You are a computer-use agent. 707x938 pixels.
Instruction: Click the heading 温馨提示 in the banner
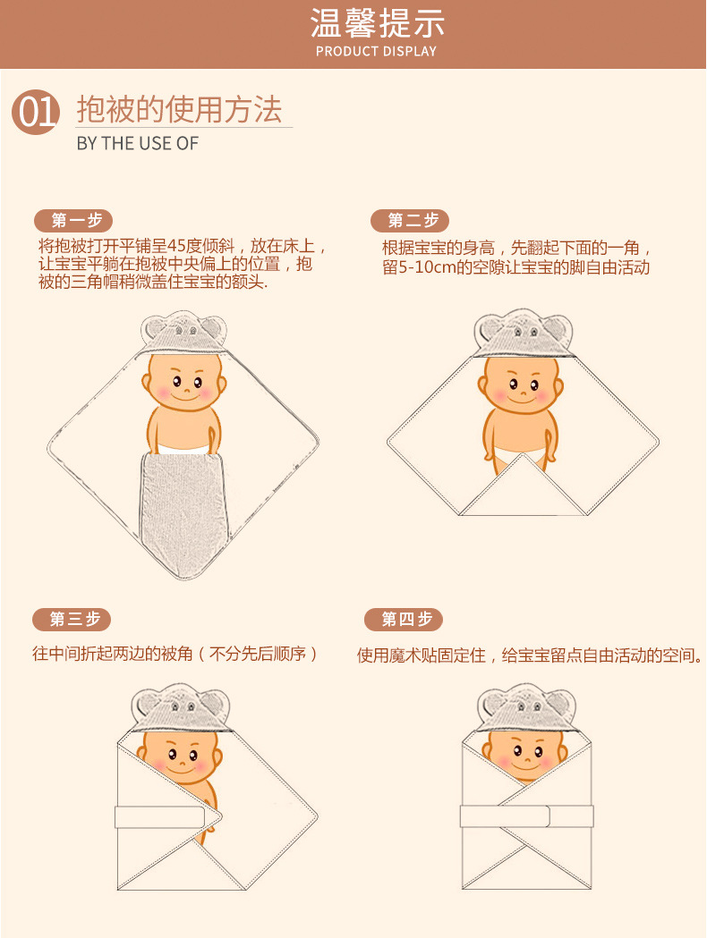click(x=376, y=22)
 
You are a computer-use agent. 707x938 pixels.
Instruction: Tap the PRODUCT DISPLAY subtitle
click(x=376, y=51)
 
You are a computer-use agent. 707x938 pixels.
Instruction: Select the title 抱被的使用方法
click(x=179, y=110)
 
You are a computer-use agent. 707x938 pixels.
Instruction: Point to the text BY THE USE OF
click(x=137, y=143)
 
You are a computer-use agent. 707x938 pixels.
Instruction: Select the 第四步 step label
click(x=405, y=619)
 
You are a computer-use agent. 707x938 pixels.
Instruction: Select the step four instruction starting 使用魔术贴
click(x=528, y=655)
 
